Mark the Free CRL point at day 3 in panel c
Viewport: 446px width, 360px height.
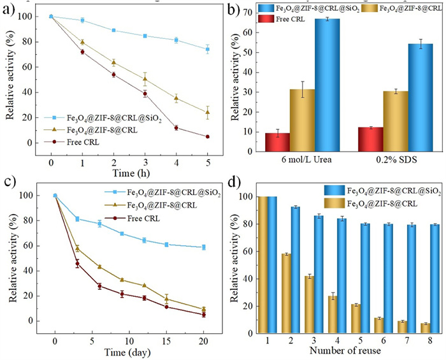(78, 263)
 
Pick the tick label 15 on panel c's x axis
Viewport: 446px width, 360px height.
(166, 336)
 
